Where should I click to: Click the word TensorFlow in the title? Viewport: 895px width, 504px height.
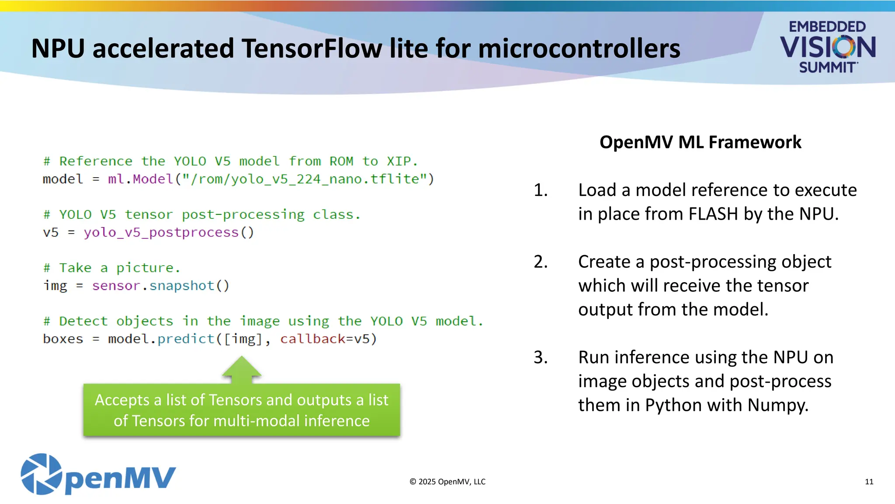[x=312, y=48]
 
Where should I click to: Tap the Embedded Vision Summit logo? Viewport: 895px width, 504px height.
[x=827, y=47]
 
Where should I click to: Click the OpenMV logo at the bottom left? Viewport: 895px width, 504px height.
[x=98, y=475]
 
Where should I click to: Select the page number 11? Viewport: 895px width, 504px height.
[x=869, y=482]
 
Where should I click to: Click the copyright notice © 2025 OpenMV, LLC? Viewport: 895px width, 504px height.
[x=447, y=482]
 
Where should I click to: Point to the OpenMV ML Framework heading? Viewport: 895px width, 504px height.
[x=700, y=142]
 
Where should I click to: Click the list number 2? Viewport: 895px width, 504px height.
[x=541, y=262]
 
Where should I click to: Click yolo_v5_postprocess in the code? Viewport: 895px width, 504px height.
[x=161, y=232]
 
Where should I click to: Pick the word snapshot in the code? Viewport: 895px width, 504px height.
[x=182, y=286]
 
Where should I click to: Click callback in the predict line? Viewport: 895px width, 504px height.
[x=312, y=339]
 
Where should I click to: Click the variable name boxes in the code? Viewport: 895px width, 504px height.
[x=63, y=339]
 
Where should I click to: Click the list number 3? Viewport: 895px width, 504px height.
[x=541, y=357]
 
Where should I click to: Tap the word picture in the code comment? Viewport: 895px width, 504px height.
[x=145, y=268]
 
